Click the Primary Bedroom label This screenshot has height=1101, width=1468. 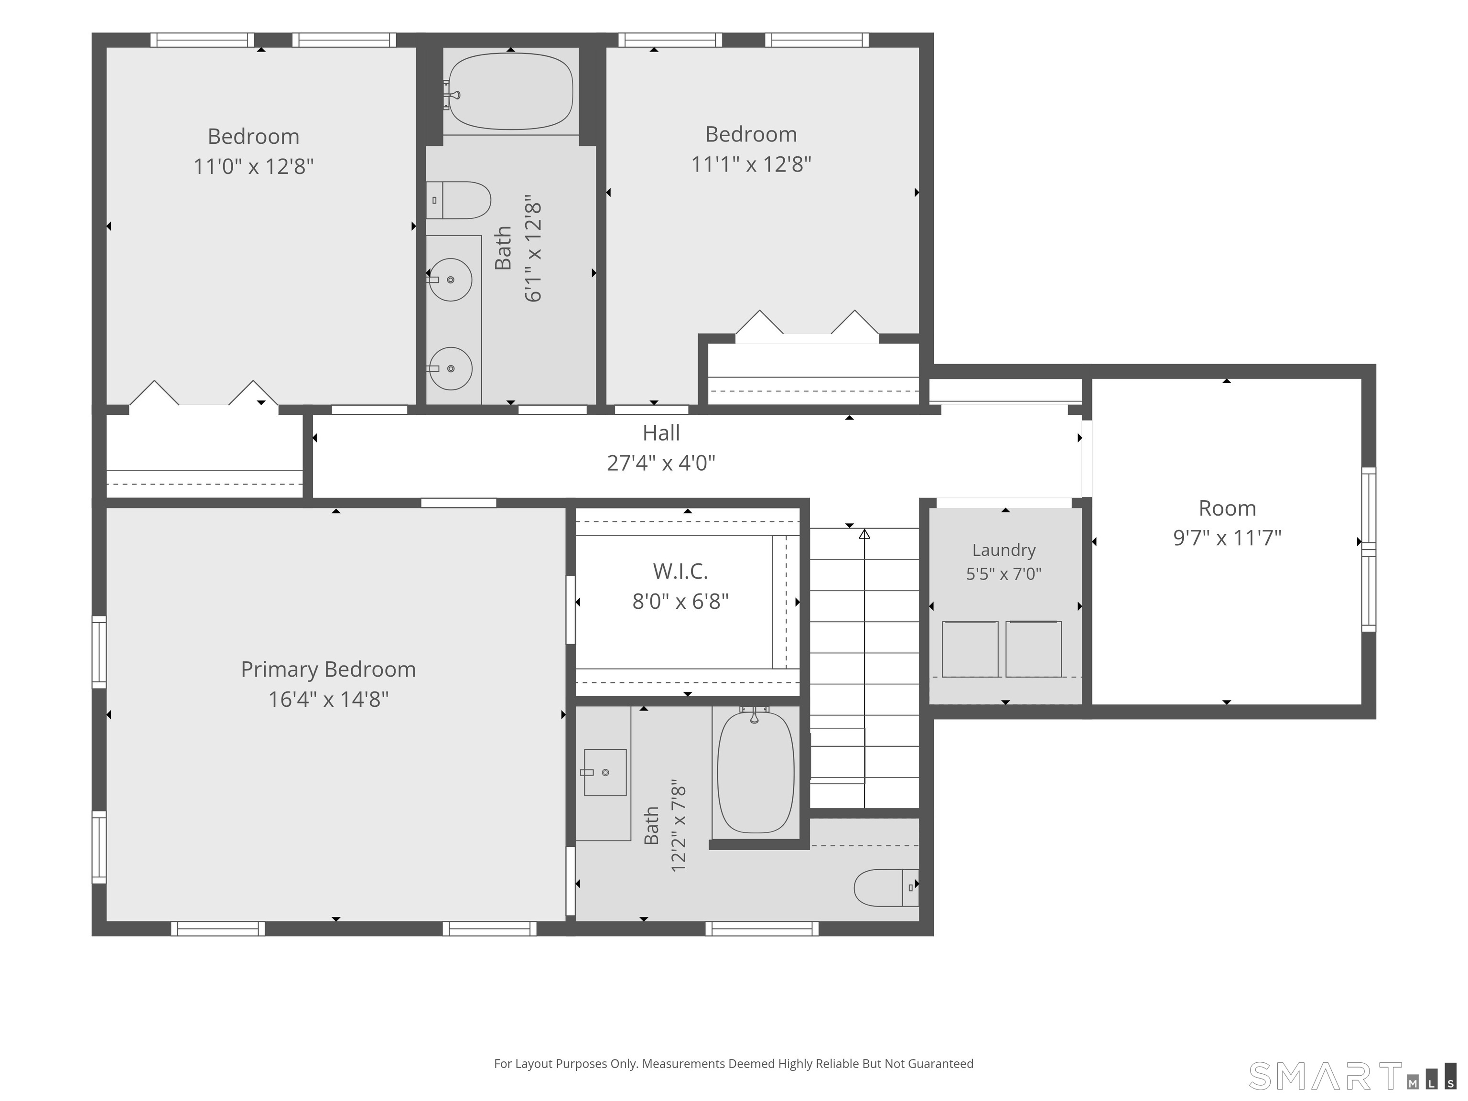coord(328,669)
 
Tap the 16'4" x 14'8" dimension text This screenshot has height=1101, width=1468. coord(328,700)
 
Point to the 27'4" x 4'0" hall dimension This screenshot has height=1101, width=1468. coord(661,463)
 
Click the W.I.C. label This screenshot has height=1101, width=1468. coord(680,572)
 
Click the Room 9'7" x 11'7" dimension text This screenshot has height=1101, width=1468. coord(1227,538)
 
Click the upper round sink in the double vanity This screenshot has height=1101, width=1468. coord(450,280)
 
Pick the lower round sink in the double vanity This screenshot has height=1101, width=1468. coord(450,368)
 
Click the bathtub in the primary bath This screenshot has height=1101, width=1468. coord(756,772)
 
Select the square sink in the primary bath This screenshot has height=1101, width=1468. coord(604,773)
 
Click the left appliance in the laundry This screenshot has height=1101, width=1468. coord(970,649)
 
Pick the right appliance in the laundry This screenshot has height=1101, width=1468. coord(1033,649)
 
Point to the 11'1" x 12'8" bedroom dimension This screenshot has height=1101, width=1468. coord(751,164)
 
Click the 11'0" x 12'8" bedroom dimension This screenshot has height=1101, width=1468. coord(254,166)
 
